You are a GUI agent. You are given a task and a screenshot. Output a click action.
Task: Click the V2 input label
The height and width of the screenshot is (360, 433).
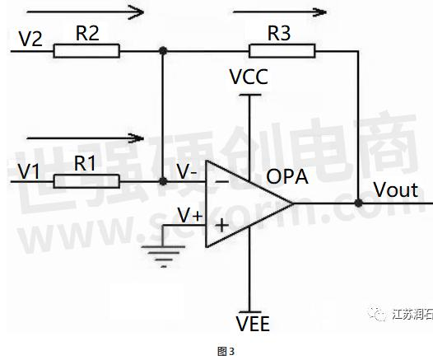[30, 39]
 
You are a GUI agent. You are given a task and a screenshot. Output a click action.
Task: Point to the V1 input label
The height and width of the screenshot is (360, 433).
[29, 171]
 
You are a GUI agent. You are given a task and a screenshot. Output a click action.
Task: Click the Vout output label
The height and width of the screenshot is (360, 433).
[396, 189]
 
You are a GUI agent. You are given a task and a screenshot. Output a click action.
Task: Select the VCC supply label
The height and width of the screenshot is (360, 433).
[249, 77]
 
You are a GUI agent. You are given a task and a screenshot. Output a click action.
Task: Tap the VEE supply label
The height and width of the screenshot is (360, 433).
[253, 324]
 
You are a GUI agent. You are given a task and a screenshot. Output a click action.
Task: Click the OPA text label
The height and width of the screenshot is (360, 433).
[287, 176]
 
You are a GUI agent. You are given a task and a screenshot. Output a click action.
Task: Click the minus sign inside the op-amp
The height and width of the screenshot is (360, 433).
[221, 181]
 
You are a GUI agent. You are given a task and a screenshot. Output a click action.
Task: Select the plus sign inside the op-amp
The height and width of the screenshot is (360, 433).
[221, 226]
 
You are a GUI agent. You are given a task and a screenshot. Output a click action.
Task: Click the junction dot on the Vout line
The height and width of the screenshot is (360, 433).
[358, 203]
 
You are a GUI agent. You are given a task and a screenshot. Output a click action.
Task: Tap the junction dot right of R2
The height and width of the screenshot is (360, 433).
[163, 51]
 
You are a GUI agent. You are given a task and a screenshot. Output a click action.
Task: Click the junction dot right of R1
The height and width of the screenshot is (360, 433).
[163, 181]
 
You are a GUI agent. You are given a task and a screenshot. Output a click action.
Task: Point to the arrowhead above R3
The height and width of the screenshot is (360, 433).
[320, 12]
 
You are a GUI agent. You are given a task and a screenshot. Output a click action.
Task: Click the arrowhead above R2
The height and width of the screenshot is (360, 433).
[136, 12]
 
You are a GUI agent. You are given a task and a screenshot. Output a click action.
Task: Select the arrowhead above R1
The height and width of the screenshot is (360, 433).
[137, 138]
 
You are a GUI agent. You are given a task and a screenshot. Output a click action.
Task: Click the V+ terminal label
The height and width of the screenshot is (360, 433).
[190, 215]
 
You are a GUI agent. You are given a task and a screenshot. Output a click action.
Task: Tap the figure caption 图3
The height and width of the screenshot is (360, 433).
[226, 352]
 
